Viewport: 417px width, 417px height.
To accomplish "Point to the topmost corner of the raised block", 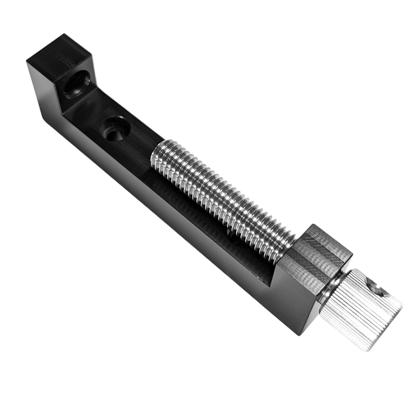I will (66, 34).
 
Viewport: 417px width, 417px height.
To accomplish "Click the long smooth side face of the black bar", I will (156, 208).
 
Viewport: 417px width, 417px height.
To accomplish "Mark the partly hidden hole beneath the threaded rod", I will (229, 232).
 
